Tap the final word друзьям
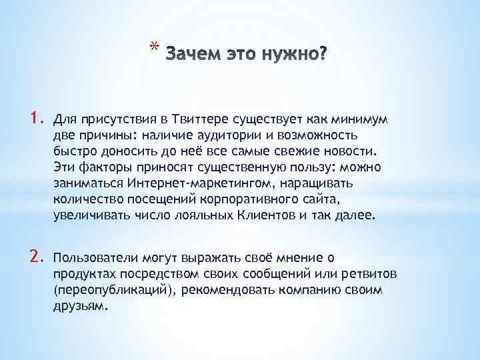(x=79, y=305)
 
